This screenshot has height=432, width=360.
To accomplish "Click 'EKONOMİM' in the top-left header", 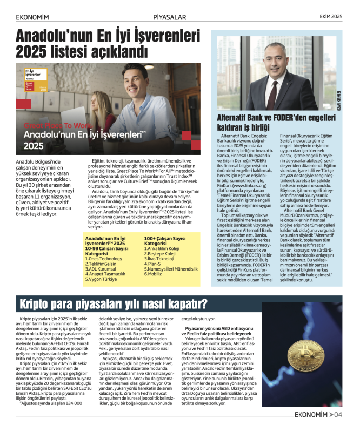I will coord(32,17).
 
